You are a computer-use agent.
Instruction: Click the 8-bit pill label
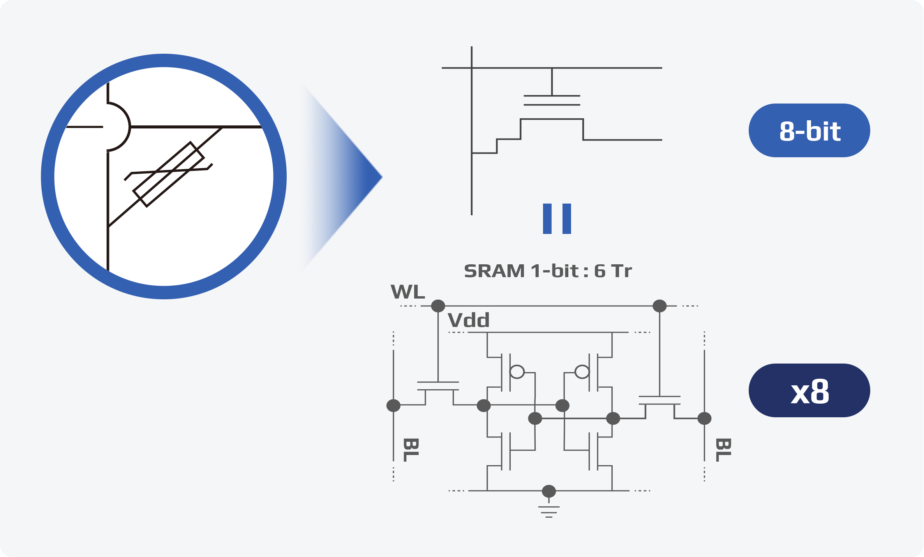tap(809, 130)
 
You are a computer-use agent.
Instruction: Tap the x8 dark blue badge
tap(809, 390)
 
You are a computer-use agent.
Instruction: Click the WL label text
tap(407, 292)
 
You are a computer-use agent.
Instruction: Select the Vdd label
tap(469, 320)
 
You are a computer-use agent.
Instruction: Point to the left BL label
tap(411, 450)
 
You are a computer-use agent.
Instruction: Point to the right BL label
tap(723, 450)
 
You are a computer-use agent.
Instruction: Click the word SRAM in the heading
tap(494, 271)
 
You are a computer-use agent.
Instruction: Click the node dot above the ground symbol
tap(549, 491)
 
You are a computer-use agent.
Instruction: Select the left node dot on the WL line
tap(438, 306)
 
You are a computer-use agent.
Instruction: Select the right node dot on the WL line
tap(659, 306)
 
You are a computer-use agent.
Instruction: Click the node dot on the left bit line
tap(393, 406)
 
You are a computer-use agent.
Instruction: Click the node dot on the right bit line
tap(704, 418)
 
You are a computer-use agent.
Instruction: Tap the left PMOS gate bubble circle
tap(517, 372)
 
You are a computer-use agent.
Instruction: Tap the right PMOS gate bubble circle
tap(582, 372)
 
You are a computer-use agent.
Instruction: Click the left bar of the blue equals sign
tap(547, 219)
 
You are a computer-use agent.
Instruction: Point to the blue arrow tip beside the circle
tap(382, 177)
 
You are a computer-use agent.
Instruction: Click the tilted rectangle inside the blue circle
tap(168, 174)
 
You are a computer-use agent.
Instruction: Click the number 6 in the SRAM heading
tap(600, 271)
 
